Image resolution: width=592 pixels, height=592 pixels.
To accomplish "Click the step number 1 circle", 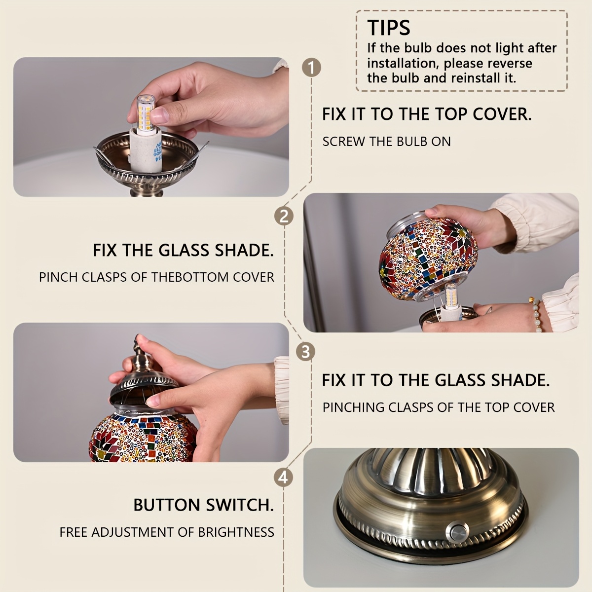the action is pyautogui.click(x=311, y=68).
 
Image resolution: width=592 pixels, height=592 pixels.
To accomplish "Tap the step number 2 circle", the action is pyautogui.click(x=284, y=216).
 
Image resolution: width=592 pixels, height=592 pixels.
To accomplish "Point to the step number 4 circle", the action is pyautogui.click(x=283, y=478).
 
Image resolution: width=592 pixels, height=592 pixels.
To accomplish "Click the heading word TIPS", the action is pyautogui.click(x=389, y=28).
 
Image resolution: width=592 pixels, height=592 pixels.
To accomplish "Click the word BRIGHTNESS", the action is pyautogui.click(x=236, y=532).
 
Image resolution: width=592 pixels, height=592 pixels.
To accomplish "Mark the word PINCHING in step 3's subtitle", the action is pyautogui.click(x=353, y=407).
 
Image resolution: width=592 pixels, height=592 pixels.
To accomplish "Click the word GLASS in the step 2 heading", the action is pyautogui.click(x=184, y=250).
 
